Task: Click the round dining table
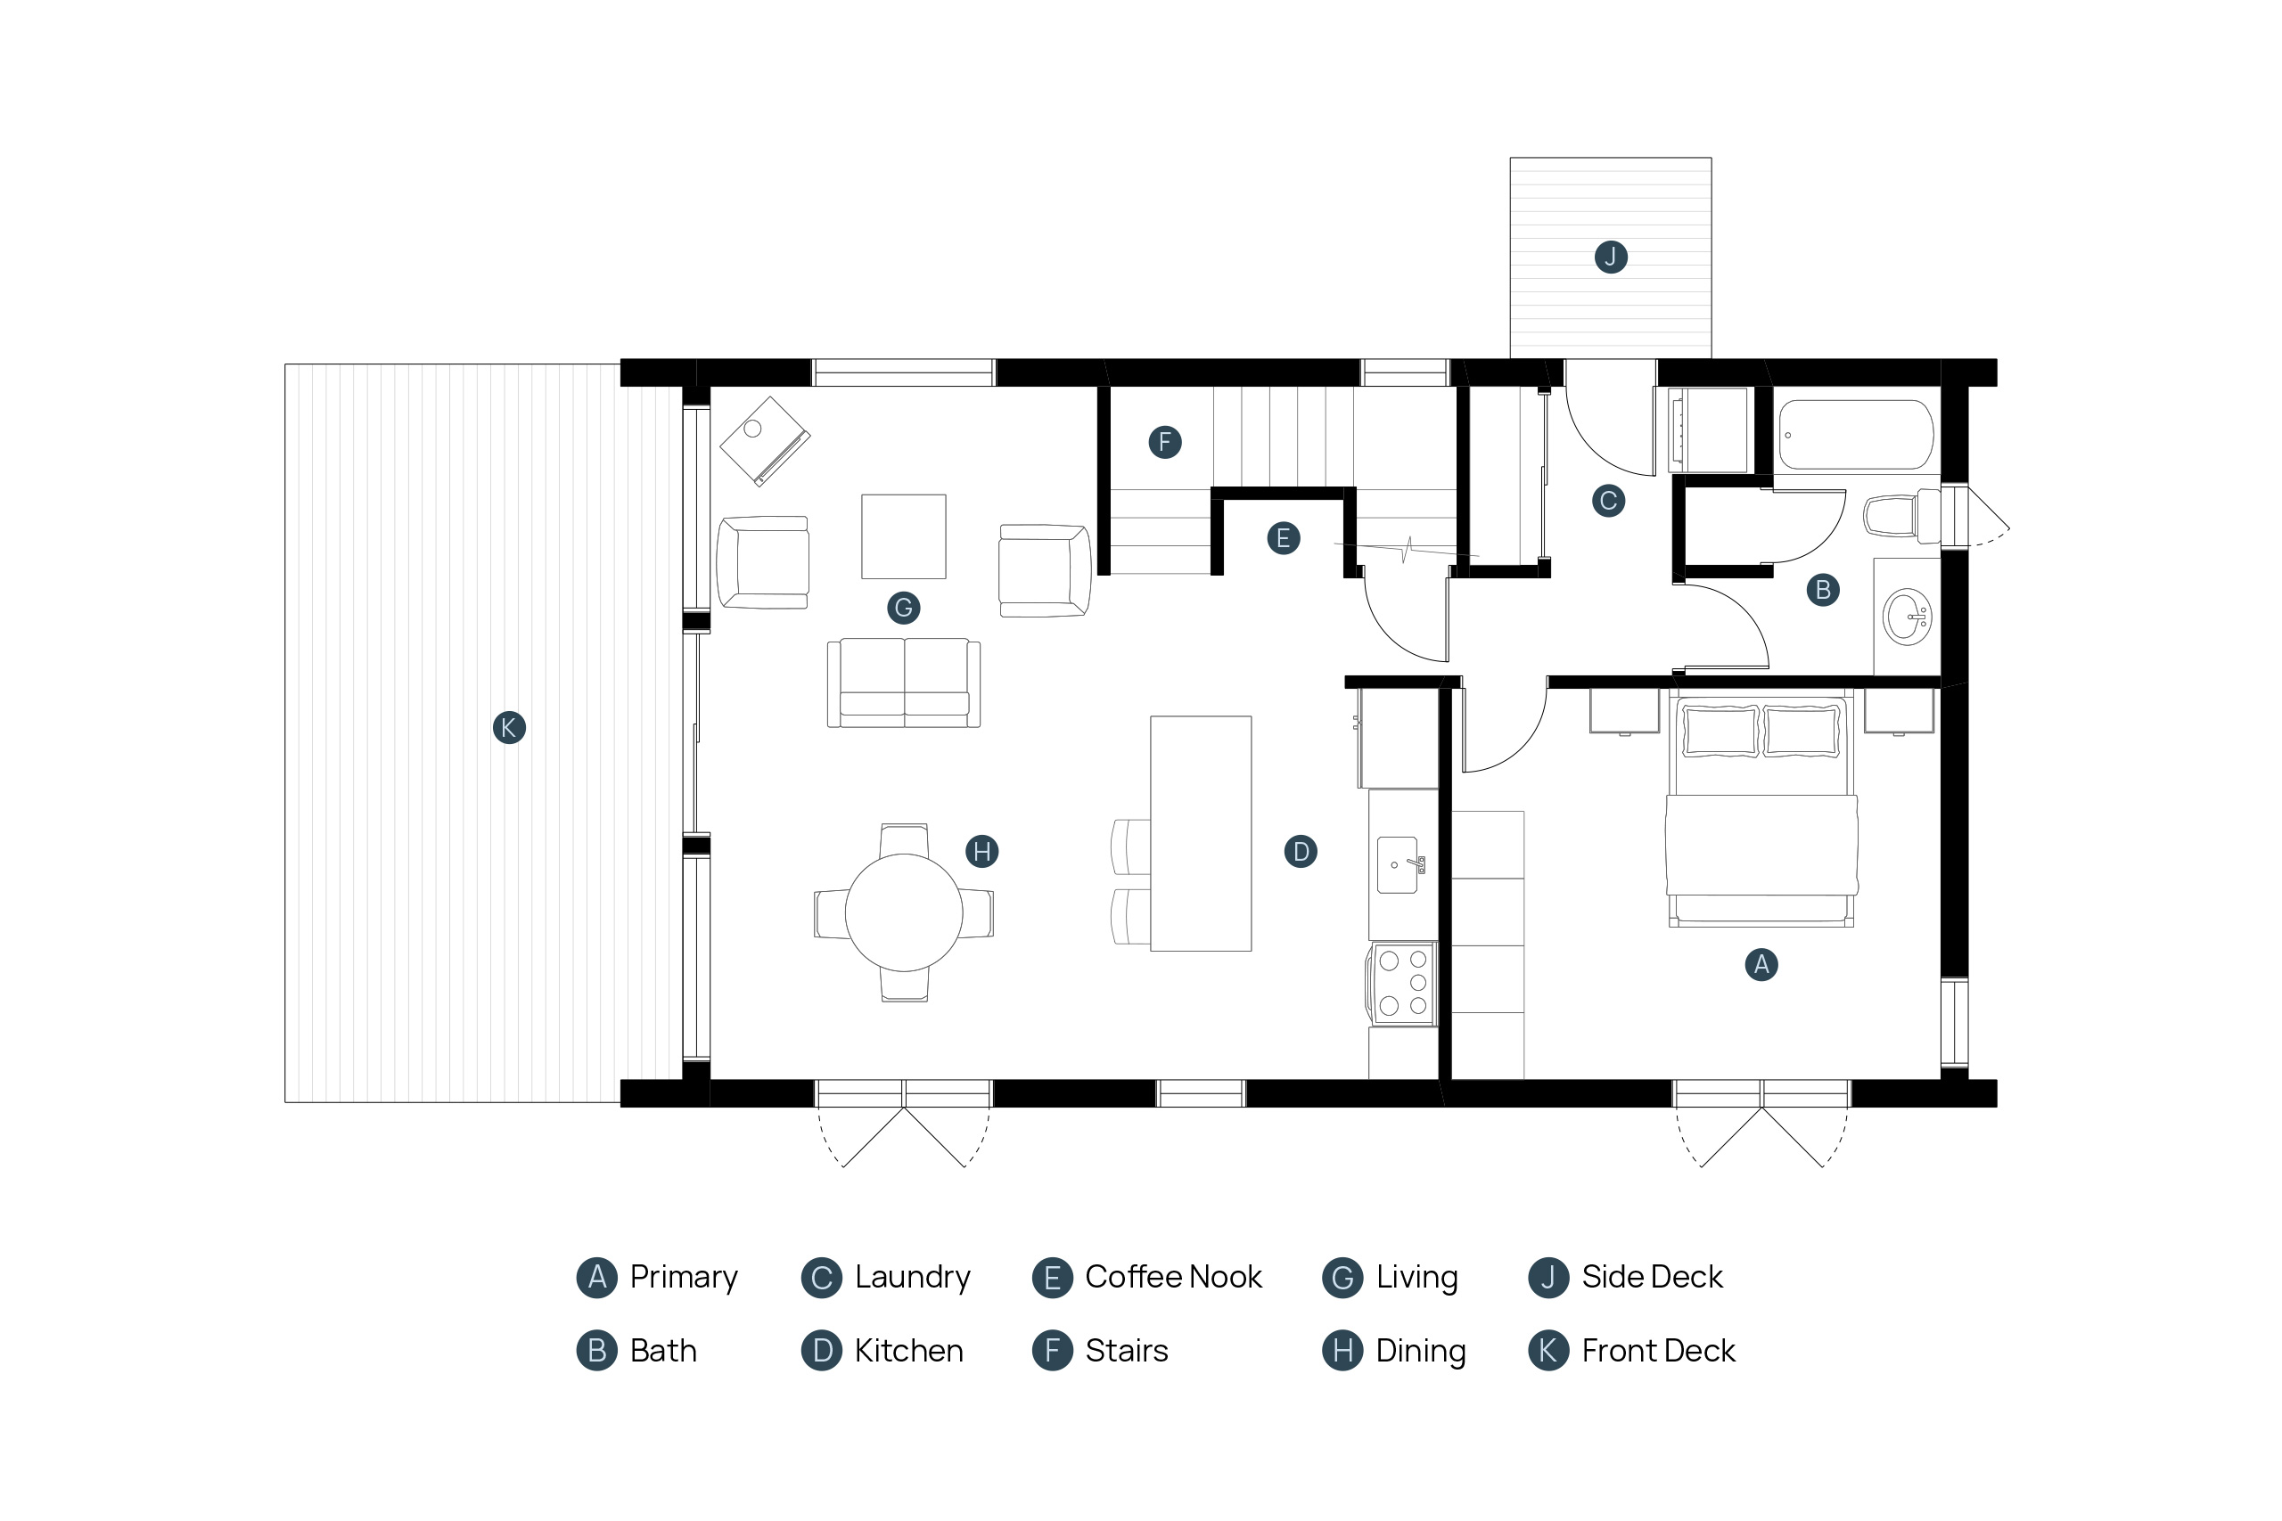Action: [x=903, y=912]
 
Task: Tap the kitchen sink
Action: [x=1398, y=865]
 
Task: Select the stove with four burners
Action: [x=1402, y=984]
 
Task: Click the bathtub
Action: [x=1856, y=435]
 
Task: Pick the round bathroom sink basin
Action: [x=1907, y=617]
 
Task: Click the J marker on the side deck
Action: [x=1611, y=257]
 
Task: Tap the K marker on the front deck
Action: [x=509, y=727]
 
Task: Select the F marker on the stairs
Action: [x=1165, y=442]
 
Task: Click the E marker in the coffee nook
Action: [x=1284, y=538]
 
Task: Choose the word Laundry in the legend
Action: [x=912, y=1278]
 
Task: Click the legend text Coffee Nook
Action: [x=1173, y=1278]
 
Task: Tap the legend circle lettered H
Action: [x=1342, y=1350]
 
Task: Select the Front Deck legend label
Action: [x=1658, y=1351]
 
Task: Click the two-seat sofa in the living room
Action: [x=903, y=683]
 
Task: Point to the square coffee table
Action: [x=903, y=536]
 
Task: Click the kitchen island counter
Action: [x=1200, y=833]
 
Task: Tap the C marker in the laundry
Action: [x=1609, y=501]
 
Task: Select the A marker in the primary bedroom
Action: [x=1761, y=964]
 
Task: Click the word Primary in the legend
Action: [x=684, y=1279]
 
